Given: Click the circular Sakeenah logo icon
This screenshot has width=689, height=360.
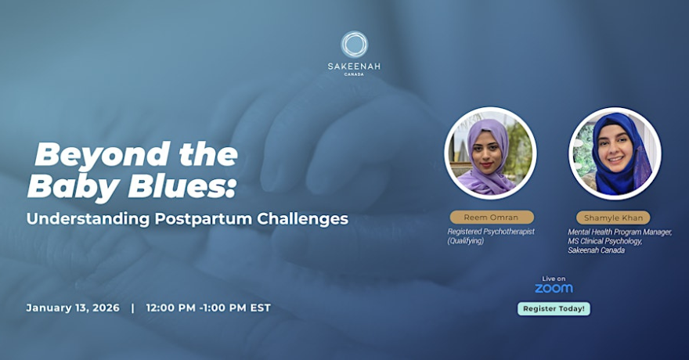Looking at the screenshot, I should tap(354, 44).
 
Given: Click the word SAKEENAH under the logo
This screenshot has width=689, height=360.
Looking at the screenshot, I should tap(354, 67).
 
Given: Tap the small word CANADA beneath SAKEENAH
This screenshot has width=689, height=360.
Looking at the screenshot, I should tap(354, 75).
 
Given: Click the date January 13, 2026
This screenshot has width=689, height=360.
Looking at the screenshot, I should tap(73, 308).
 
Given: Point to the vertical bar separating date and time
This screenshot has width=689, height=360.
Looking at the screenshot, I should tap(132, 308).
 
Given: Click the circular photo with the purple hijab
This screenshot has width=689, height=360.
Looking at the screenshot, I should tap(490, 153).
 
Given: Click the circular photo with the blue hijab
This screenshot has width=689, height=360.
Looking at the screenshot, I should tap(615, 153).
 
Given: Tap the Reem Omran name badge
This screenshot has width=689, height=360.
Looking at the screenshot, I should tap(491, 218).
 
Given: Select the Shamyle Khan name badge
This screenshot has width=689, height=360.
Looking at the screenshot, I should tap(613, 218).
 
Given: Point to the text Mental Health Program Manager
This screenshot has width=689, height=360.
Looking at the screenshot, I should tap(619, 232).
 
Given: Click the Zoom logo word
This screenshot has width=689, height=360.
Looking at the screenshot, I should tap(554, 288).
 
